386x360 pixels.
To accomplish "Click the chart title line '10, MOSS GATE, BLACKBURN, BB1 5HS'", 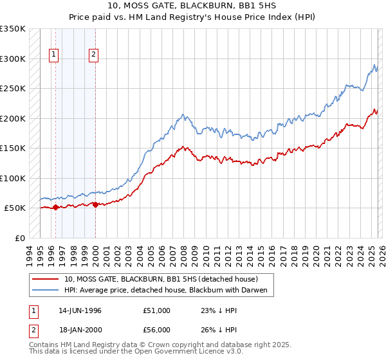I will (x=193, y=6).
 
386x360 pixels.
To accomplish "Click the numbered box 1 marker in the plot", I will (x=55, y=55).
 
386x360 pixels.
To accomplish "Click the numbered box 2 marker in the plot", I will (x=94, y=55).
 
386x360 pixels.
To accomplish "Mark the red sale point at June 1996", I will (x=55, y=207).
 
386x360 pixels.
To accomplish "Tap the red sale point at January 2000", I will (x=95, y=204).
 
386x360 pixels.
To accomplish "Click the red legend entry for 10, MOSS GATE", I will (x=161, y=279).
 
